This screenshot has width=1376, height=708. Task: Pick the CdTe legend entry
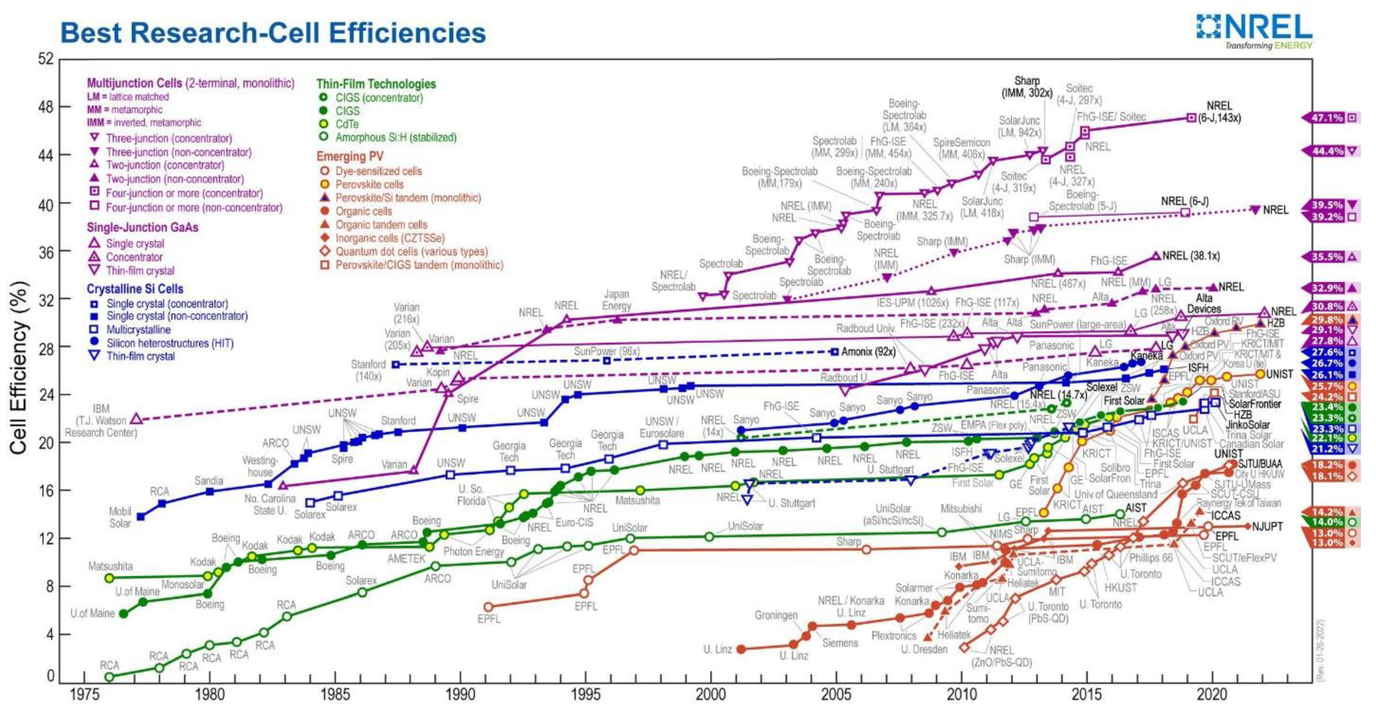pyautogui.click(x=347, y=124)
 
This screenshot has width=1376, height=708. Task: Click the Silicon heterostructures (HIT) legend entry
pyautogui.click(x=170, y=343)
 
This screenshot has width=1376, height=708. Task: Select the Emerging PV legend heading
pyautogui.click(x=350, y=157)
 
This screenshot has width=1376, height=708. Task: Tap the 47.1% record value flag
pyautogui.click(x=1327, y=117)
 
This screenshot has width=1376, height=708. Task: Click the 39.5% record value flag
pyautogui.click(x=1327, y=205)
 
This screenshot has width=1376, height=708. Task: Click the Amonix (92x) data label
pyautogui.click(x=868, y=352)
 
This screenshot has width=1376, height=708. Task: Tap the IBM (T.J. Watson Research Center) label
pyautogui.click(x=101, y=420)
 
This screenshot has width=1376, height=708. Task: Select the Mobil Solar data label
pyautogui.click(x=120, y=517)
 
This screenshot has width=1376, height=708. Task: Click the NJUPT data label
pyautogui.click(x=1267, y=526)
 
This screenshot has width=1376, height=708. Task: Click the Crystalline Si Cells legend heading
pyautogui.click(x=135, y=289)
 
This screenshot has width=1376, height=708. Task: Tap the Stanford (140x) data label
pyautogui.click(x=368, y=370)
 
